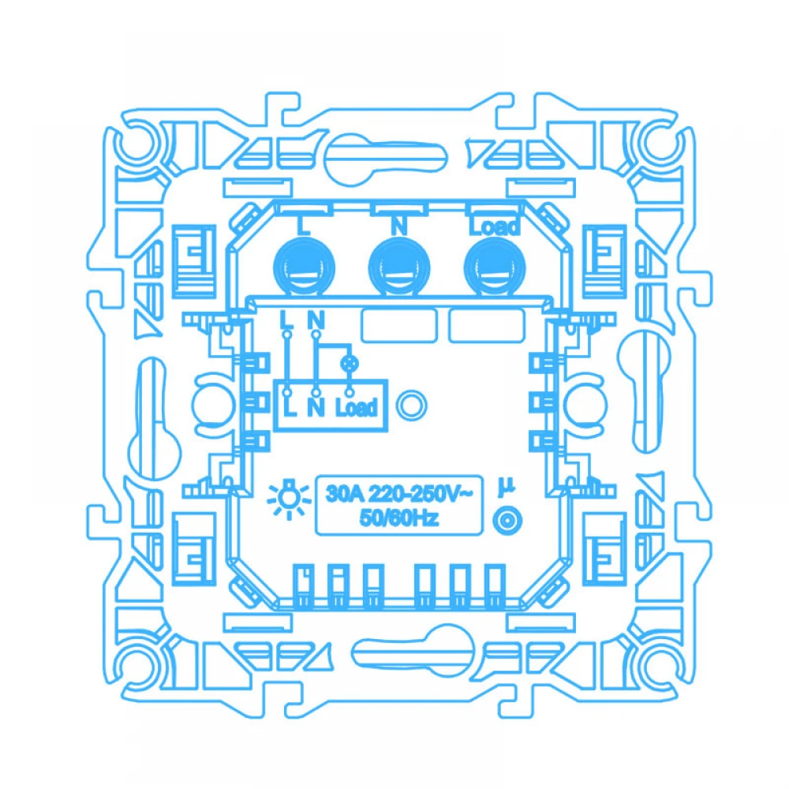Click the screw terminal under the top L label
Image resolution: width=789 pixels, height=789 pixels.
coord(304,267)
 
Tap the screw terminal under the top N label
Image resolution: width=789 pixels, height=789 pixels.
coord(399,267)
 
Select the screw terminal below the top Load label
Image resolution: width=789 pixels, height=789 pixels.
coord(495,267)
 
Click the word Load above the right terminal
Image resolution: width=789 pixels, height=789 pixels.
coord(494,226)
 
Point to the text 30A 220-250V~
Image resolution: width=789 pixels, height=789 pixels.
coord(399,494)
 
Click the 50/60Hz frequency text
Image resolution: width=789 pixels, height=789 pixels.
coord(399,518)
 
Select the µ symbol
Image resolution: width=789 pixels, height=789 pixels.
coord(507,487)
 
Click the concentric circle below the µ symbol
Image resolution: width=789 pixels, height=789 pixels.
coord(507,521)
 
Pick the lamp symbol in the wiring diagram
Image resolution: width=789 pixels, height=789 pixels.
coord(350,363)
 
